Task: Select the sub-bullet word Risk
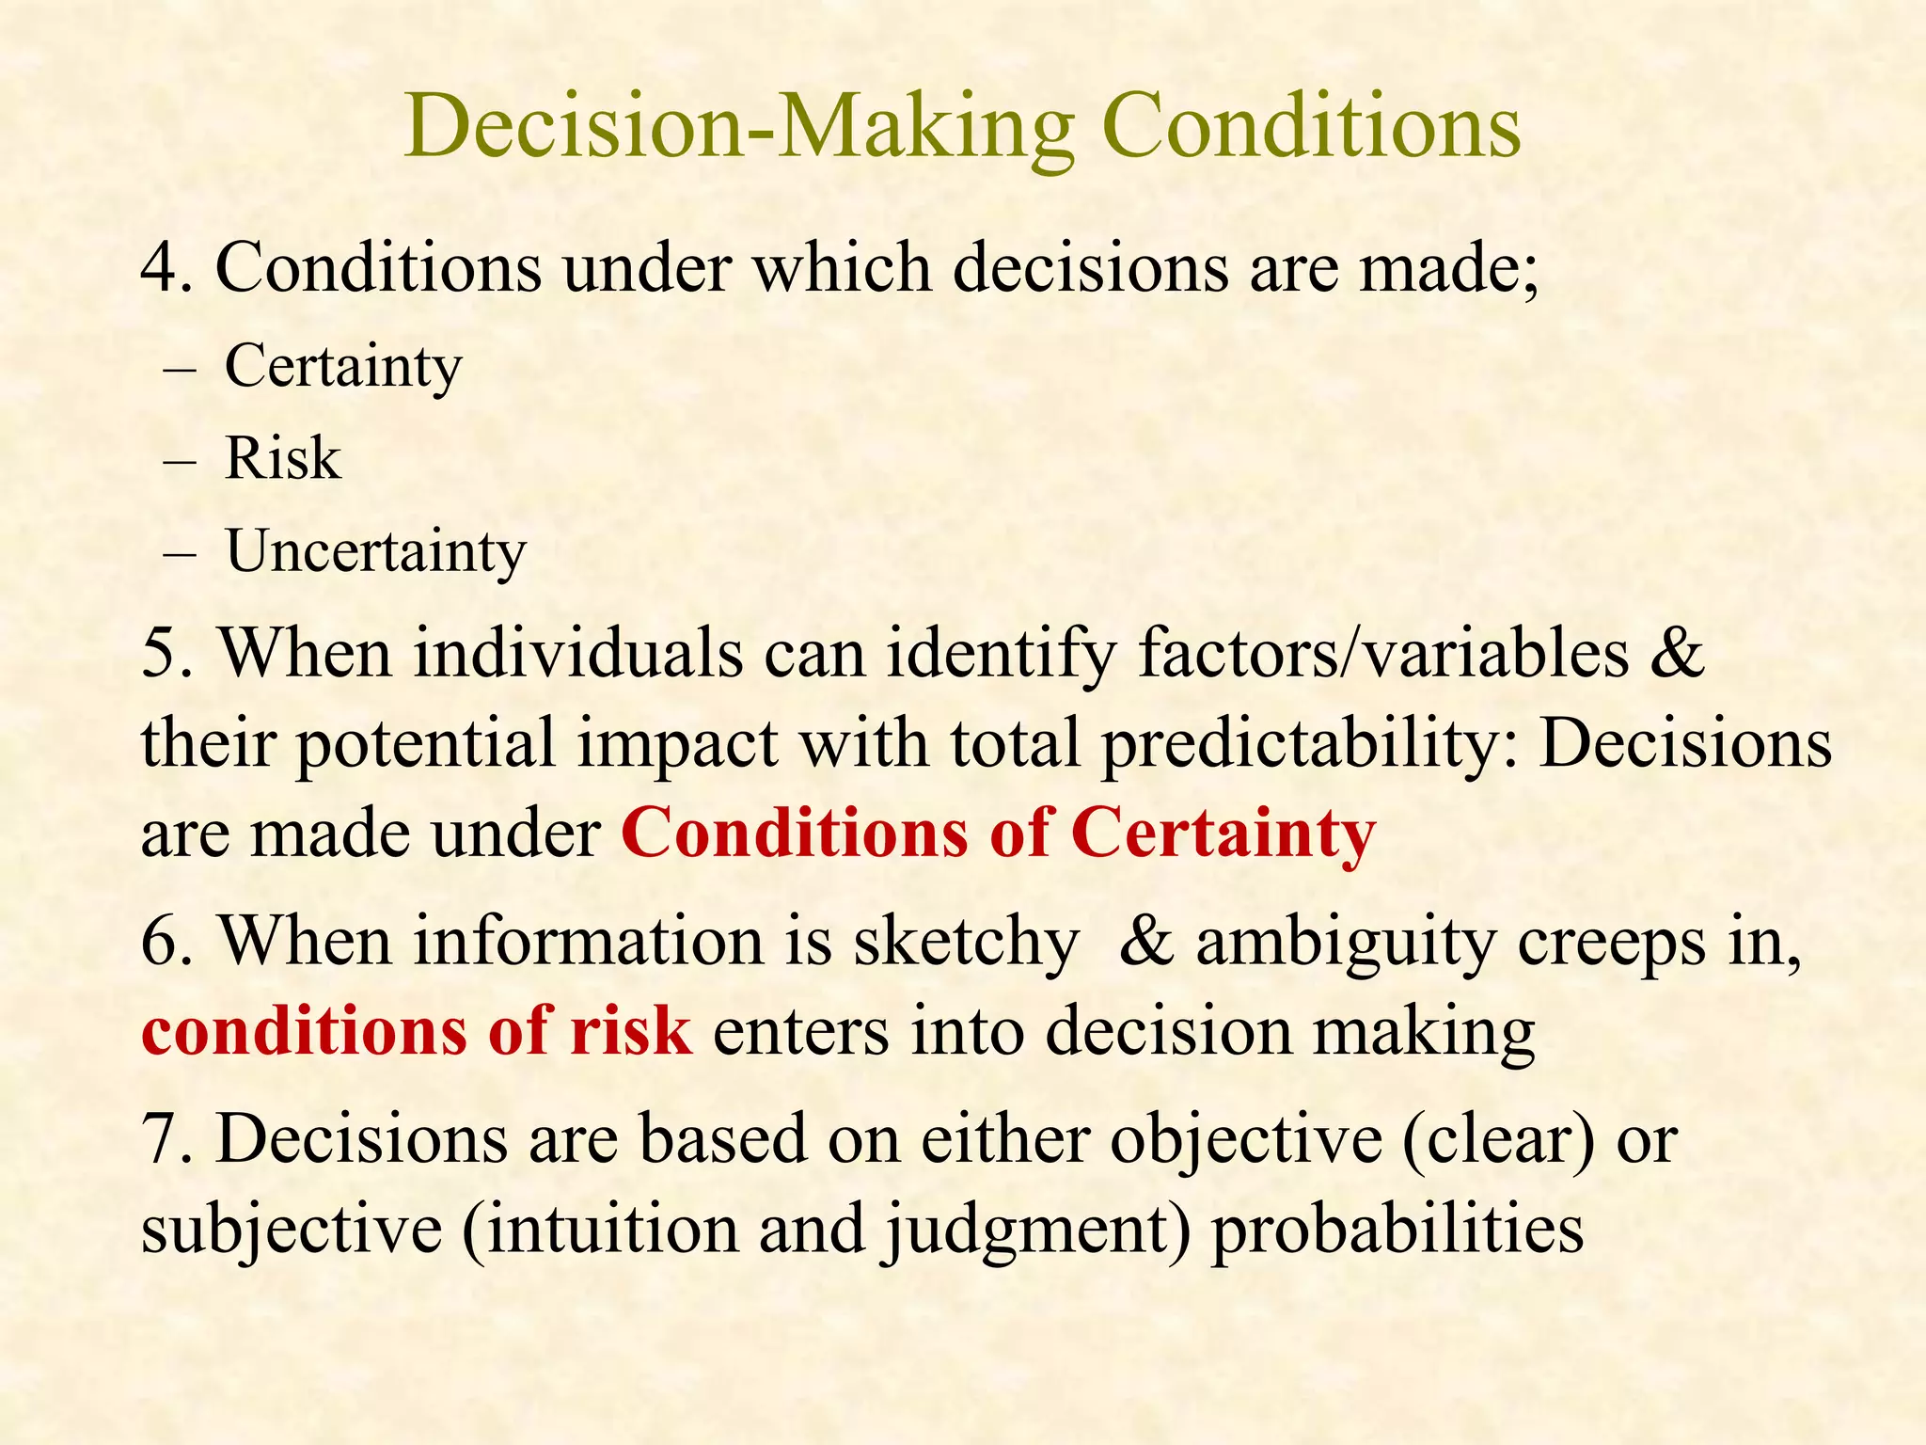coord(282,459)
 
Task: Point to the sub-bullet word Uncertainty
coord(376,552)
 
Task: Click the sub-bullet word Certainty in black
coord(343,367)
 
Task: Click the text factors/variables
coord(1383,653)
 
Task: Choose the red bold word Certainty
coord(1223,834)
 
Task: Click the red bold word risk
coord(631,1031)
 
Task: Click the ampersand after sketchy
coord(1146,941)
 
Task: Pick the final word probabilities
coord(1397,1231)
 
